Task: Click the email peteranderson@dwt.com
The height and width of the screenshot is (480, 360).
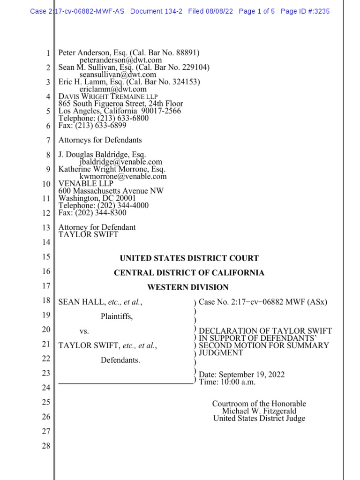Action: pyautogui.click(x=120, y=60)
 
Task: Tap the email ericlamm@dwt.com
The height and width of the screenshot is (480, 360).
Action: pyautogui.click(x=113, y=89)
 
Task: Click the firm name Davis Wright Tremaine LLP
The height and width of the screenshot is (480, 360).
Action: pyautogui.click(x=108, y=97)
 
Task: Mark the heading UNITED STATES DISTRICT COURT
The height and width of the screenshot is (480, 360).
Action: pyautogui.click(x=189, y=258)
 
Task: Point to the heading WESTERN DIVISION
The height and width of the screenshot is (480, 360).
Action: pyautogui.click(x=188, y=287)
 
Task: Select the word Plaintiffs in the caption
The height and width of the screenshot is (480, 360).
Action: pyautogui.click(x=117, y=317)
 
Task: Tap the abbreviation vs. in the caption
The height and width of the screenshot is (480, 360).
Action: pyautogui.click(x=84, y=331)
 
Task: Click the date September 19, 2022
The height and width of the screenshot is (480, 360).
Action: pyautogui.click(x=250, y=375)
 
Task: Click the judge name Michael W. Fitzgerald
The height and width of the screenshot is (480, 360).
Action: pyautogui.click(x=259, y=411)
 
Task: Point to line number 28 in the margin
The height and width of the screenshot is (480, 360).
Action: pyautogui.click(x=45, y=446)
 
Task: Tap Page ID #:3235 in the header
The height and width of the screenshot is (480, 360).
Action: pyautogui.click(x=305, y=11)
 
